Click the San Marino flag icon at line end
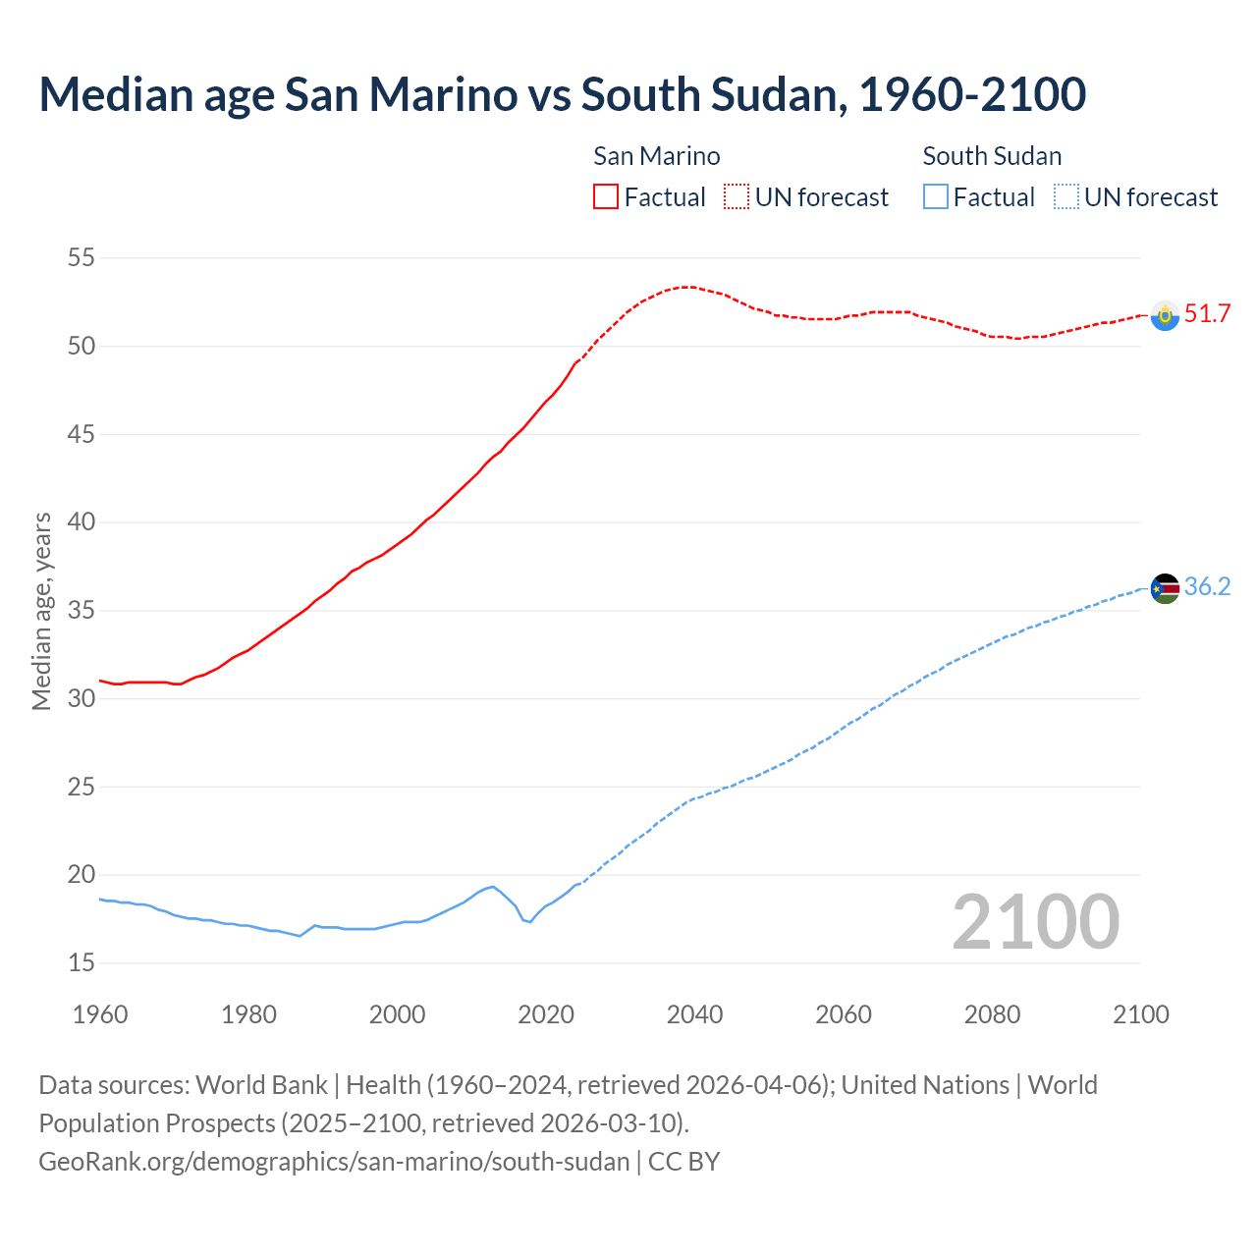1165,315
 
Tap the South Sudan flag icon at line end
1165,588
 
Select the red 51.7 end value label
1207,314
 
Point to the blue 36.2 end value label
1207,587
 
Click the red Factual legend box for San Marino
606,197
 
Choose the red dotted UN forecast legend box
737,197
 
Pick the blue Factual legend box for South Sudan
936,197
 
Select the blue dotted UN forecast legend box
1066,197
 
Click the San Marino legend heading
656,156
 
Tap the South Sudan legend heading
992,156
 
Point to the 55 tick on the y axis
81,258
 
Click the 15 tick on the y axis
82,963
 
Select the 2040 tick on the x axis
694,1014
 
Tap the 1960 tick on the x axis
100,1014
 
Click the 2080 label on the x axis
992,1014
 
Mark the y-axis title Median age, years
41,611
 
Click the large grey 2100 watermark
1035,921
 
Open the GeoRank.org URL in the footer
334,1162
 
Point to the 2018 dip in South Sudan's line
530,921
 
